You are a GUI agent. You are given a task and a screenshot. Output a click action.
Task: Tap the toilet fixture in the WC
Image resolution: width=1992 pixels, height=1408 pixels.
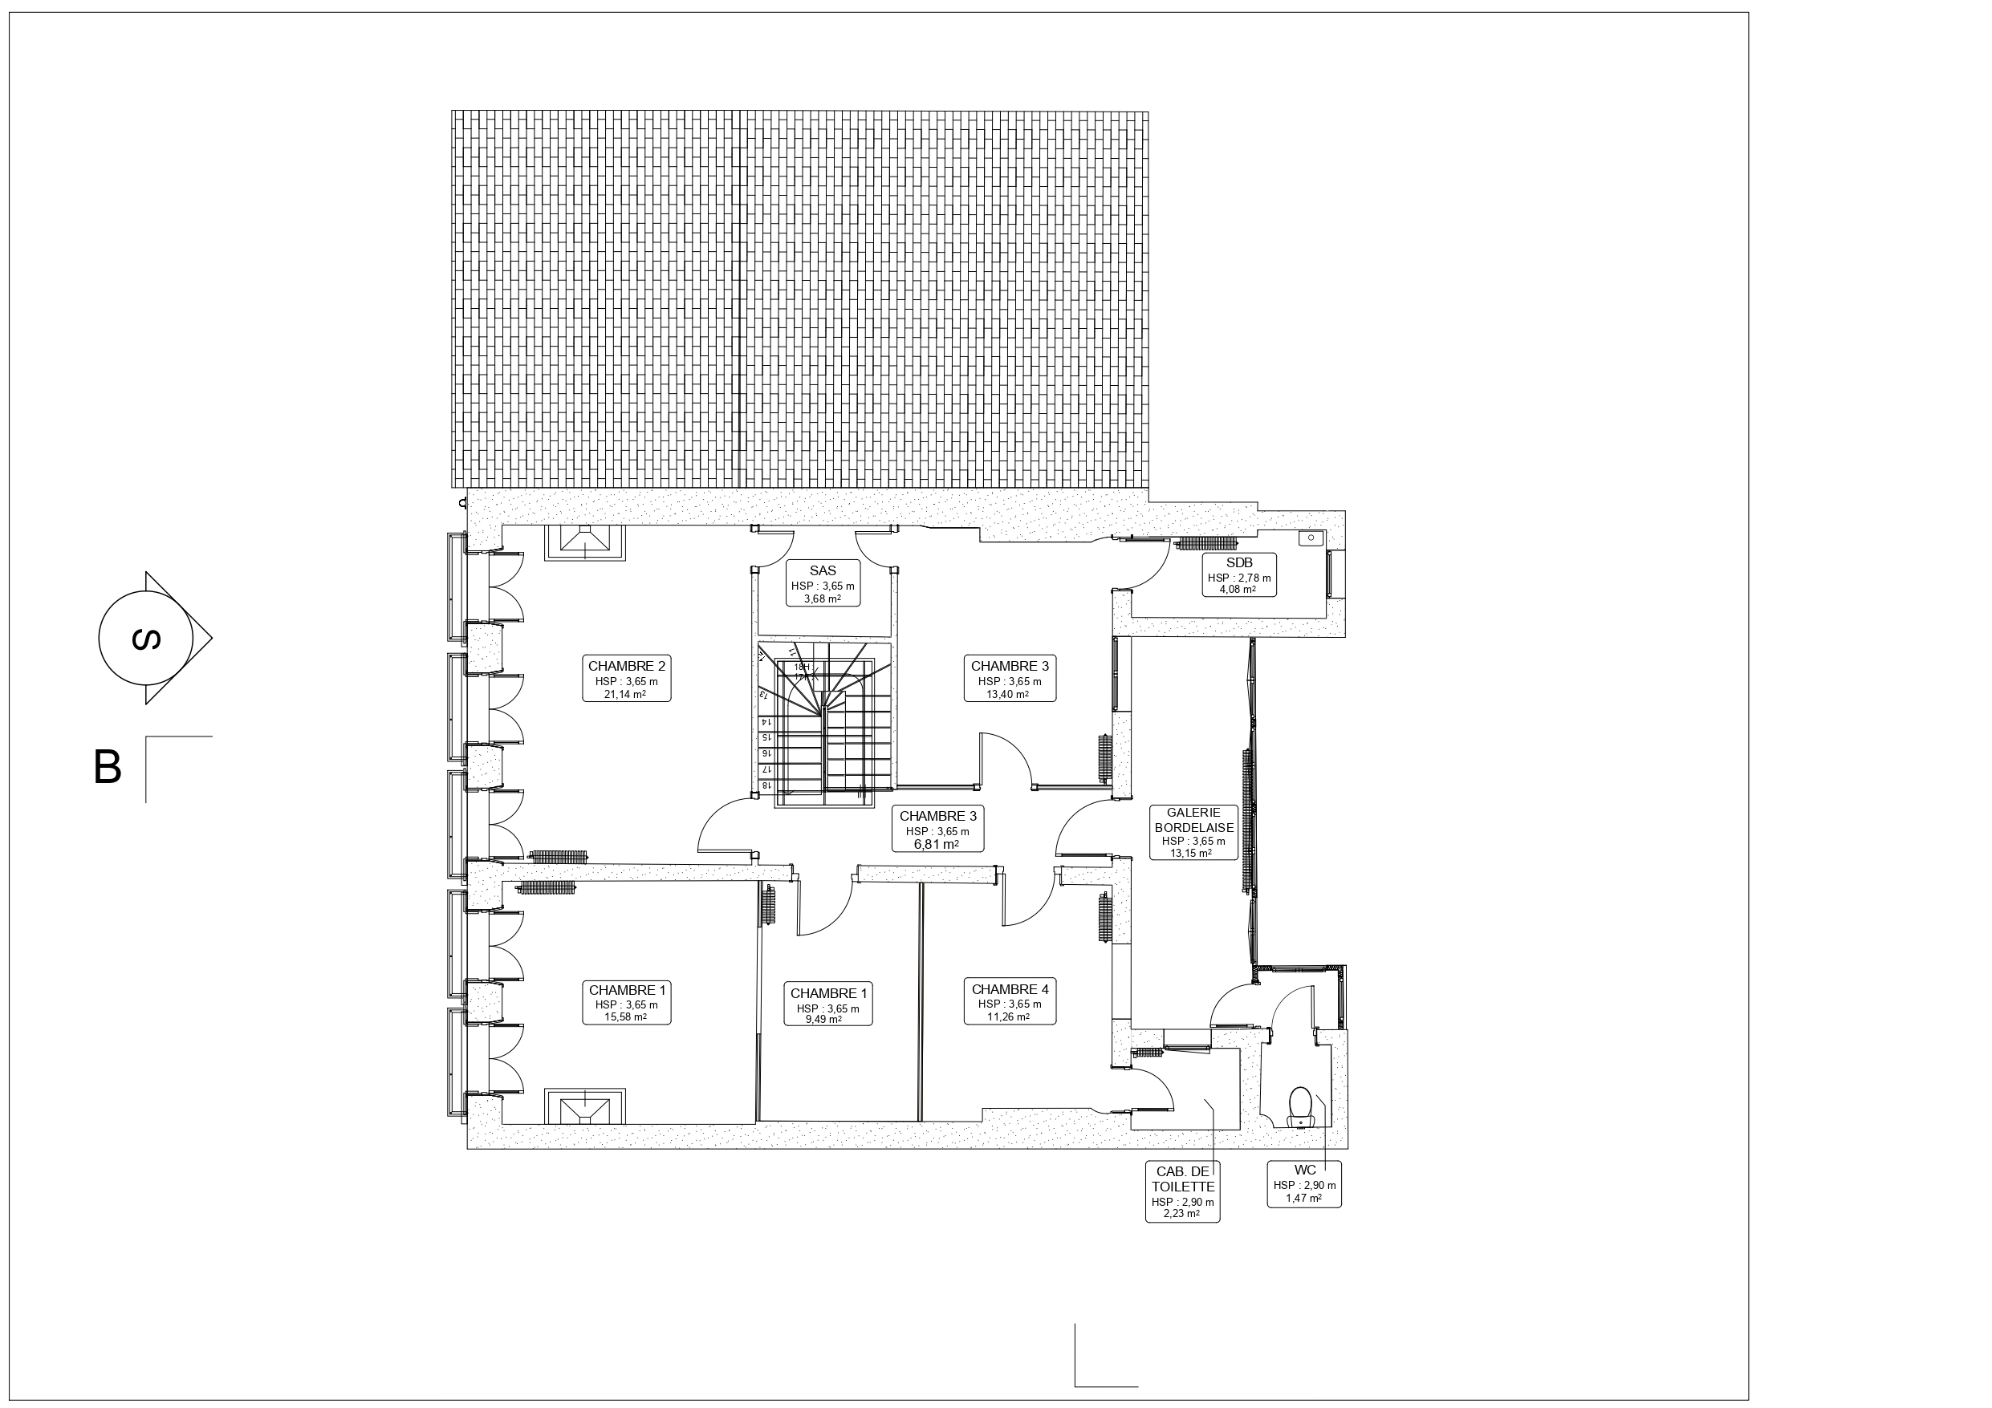point(1299,1106)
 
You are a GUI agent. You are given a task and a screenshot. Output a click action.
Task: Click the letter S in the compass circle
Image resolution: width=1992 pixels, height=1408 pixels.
point(146,639)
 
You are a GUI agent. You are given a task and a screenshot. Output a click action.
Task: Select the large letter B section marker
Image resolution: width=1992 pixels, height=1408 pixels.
point(108,767)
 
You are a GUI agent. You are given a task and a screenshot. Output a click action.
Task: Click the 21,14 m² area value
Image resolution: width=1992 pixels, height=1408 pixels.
point(625,694)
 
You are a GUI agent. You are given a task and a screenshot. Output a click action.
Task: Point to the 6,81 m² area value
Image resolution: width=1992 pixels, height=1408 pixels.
point(937,844)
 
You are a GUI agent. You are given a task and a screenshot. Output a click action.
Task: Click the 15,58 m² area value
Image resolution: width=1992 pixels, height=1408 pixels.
point(625,1016)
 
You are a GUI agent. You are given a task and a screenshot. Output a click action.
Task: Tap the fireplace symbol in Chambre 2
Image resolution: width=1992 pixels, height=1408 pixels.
point(585,543)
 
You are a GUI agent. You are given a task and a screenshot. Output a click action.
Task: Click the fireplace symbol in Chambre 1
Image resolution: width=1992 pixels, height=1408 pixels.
point(585,1106)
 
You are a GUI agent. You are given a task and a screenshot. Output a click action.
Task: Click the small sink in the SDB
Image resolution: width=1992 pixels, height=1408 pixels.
point(1310,538)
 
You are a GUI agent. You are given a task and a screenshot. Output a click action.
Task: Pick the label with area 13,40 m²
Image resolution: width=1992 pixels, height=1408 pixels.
point(1010,680)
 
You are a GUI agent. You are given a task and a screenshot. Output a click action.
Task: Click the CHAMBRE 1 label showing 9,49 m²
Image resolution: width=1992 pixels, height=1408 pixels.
point(828,1004)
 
